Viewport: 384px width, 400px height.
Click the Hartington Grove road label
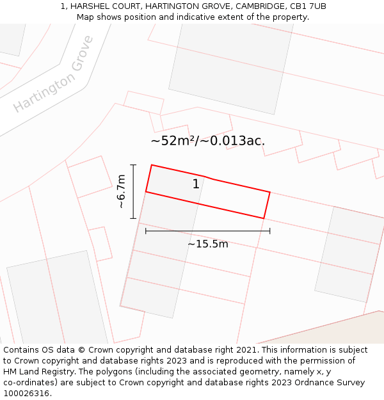54,74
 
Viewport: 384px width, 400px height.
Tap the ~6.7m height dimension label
121,191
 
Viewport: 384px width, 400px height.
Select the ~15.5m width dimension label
207,244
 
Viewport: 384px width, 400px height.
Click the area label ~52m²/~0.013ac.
207,141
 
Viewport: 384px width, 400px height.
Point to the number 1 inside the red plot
196,184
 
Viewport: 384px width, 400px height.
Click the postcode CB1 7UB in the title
308,6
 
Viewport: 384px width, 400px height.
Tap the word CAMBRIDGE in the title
256,6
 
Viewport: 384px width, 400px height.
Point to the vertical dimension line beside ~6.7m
133,191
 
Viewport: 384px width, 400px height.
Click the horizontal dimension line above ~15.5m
207,231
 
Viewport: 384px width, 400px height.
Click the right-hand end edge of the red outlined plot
267,205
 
